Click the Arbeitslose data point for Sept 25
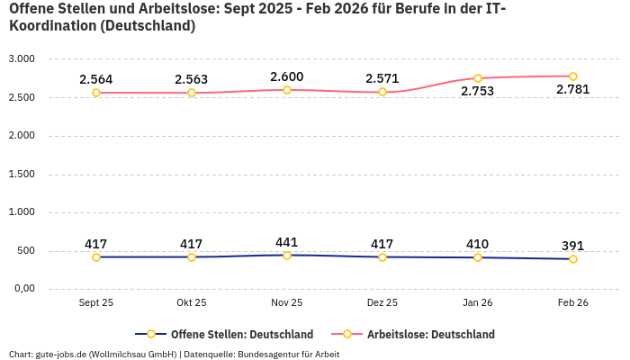point(96,93)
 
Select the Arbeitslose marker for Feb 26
point(573,76)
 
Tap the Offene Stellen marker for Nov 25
point(287,256)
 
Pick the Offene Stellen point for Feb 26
point(573,259)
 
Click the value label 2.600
point(287,76)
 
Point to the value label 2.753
point(477,91)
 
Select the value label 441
point(287,242)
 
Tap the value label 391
point(573,246)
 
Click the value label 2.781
point(573,89)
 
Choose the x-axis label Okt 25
point(192,303)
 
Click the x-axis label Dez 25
point(382,303)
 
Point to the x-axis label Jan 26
point(478,303)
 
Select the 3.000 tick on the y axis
point(21,58)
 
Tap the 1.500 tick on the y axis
point(21,174)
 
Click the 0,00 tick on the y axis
point(22,289)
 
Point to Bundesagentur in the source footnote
point(266,355)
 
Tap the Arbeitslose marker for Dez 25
point(382,92)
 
